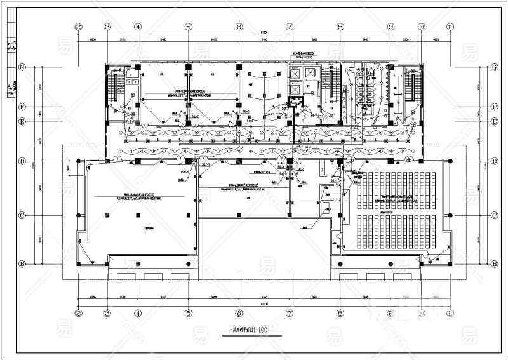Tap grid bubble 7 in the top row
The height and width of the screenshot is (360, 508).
[290, 27]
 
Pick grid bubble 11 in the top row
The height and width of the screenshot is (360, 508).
[450, 27]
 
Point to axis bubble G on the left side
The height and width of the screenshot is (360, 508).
[22, 67]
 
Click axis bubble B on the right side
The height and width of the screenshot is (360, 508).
[493, 263]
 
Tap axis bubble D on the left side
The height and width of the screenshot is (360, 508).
[22, 161]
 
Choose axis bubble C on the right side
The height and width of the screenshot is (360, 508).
[493, 216]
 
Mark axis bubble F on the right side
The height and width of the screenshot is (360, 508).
[493, 106]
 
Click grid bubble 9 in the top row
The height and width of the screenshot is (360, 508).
[391, 27]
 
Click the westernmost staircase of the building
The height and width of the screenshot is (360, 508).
[114, 86]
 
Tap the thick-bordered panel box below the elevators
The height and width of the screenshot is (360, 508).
[296, 100]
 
